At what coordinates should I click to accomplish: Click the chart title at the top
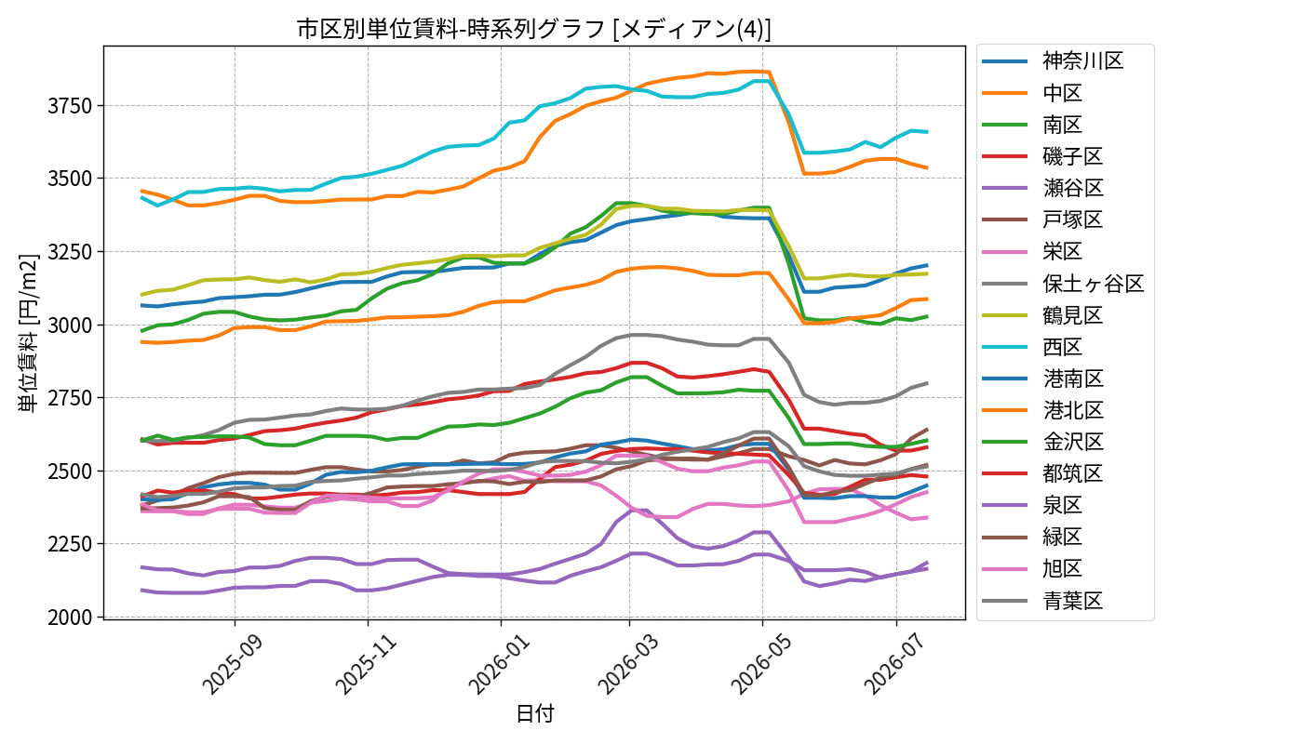pos(534,29)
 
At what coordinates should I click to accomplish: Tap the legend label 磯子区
pos(1072,156)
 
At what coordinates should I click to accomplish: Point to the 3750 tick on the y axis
pos(70,106)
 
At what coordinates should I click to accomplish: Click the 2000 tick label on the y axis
pos(70,618)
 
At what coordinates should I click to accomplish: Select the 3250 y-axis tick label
pos(70,252)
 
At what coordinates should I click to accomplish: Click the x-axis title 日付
pos(535,713)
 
